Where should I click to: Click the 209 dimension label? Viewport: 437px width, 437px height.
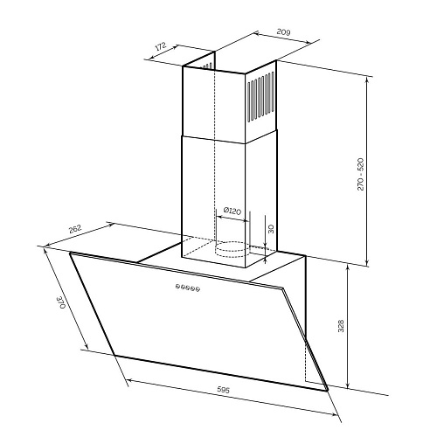tap(283, 31)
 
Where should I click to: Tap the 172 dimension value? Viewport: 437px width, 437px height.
tap(161, 46)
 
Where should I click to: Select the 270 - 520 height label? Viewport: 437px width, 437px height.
tap(360, 174)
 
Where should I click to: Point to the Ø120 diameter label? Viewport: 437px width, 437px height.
tap(232, 211)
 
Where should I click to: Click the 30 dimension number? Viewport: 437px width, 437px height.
tap(271, 229)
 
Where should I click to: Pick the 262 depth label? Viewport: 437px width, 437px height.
tap(75, 229)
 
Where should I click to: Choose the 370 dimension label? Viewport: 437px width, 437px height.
tap(61, 302)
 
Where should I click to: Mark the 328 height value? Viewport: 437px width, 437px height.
tap(341, 326)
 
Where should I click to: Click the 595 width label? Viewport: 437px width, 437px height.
tap(224, 390)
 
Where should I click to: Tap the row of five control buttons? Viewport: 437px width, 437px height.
tap(188, 288)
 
